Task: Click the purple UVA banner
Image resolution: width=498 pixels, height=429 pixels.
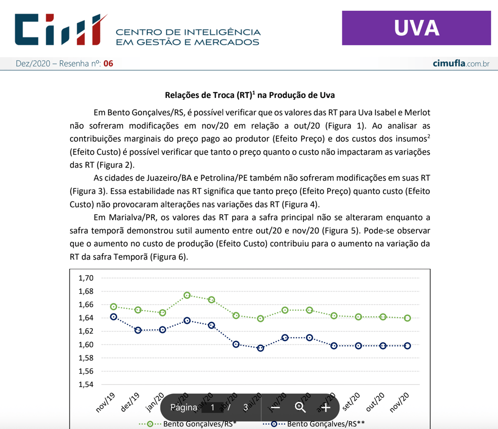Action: (416, 28)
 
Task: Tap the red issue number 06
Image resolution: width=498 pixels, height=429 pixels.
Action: (108, 64)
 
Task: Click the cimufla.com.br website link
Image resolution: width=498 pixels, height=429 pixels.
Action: (461, 64)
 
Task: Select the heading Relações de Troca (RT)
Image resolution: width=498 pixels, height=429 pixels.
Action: (250, 94)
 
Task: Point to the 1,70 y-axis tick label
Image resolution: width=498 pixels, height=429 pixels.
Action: (86, 278)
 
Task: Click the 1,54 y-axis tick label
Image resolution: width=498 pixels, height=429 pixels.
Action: (86, 385)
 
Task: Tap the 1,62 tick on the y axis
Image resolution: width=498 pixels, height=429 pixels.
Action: (86, 331)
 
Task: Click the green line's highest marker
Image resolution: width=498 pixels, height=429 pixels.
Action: (187, 296)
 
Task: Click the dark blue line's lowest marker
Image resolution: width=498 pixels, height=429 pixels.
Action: (261, 348)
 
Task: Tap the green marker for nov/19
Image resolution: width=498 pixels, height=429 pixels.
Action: (114, 307)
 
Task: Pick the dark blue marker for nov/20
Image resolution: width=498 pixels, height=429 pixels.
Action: (408, 346)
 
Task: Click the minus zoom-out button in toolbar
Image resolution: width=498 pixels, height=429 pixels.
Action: (275, 408)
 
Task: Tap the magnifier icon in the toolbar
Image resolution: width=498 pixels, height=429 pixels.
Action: (301, 408)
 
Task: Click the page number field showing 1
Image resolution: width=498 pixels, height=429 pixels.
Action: (213, 408)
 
